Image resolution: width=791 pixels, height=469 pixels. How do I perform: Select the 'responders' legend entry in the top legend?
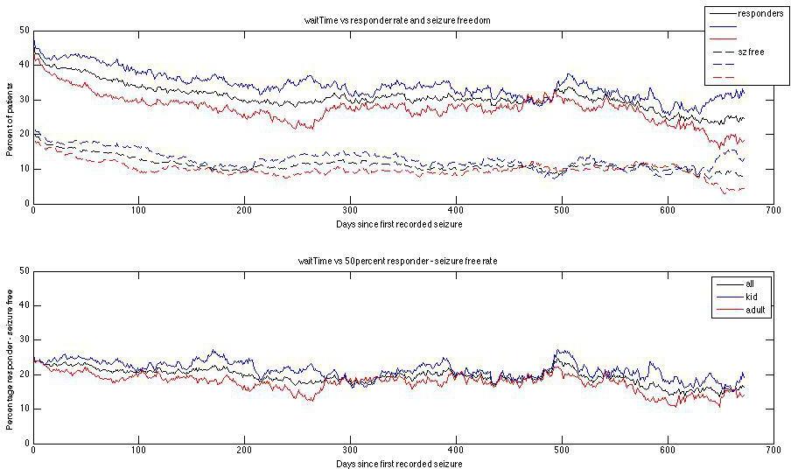click(759, 14)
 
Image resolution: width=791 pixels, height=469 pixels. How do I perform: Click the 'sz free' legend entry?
click(751, 52)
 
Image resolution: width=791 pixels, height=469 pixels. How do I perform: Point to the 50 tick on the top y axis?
click(23, 31)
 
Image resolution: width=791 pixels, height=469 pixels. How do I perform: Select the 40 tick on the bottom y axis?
click(23, 305)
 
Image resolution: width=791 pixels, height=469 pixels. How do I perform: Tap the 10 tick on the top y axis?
click(23, 169)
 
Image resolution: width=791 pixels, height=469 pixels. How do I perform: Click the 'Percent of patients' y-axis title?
click(10, 116)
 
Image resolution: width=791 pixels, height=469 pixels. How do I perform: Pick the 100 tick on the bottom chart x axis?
click(138, 451)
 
